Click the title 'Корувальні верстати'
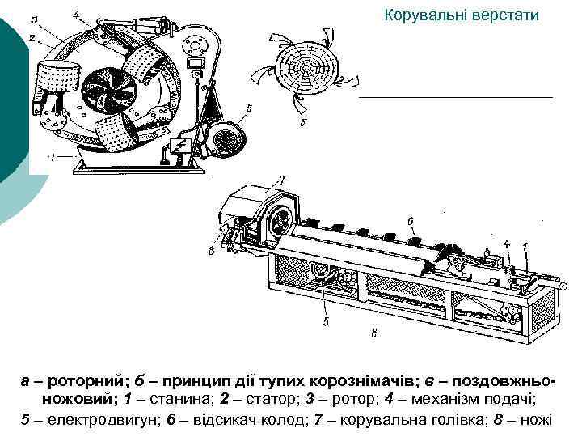[x=461, y=15]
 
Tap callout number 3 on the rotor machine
[x=33, y=19]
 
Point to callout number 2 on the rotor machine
[x=30, y=37]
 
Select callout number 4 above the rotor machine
[x=75, y=14]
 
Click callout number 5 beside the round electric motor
[x=249, y=108]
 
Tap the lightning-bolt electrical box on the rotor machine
[x=178, y=147]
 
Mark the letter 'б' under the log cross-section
[x=302, y=123]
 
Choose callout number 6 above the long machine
[x=411, y=219]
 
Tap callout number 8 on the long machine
[x=211, y=251]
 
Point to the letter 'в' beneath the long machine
[x=373, y=333]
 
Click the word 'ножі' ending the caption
[x=534, y=420]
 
